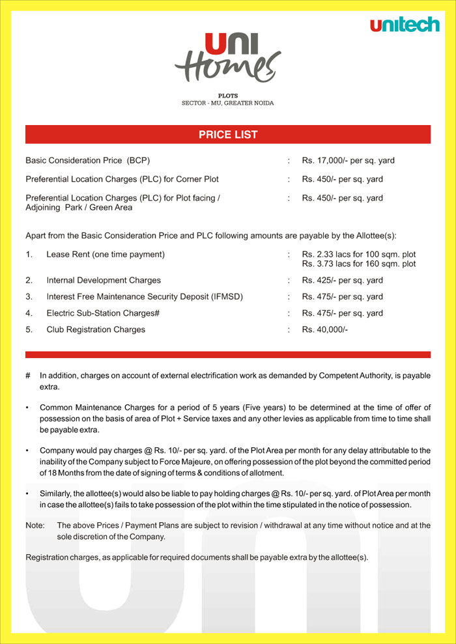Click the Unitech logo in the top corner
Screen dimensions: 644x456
pyautogui.click(x=405, y=25)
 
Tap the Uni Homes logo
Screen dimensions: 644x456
pyautogui.click(x=228, y=59)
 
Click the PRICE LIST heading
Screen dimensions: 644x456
pyautogui.click(x=228, y=135)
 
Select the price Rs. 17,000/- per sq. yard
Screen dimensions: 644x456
pyautogui.click(x=348, y=160)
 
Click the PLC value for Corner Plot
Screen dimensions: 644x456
pyautogui.click(x=342, y=179)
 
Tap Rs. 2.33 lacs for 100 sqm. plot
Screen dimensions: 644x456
pyautogui.click(x=358, y=254)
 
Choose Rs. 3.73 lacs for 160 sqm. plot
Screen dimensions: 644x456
pyautogui.click(x=358, y=264)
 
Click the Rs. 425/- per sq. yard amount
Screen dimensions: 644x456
pyautogui.click(x=342, y=281)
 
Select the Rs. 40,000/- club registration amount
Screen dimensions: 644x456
pyautogui.click(x=324, y=330)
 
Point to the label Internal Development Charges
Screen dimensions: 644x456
pyautogui.click(x=104, y=281)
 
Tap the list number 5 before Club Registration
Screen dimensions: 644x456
pyautogui.click(x=29, y=330)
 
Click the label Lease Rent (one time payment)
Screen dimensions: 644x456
pyautogui.click(x=106, y=254)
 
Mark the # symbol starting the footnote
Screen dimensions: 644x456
pyautogui.click(x=28, y=376)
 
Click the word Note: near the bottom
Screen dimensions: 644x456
pyautogui.click(x=35, y=525)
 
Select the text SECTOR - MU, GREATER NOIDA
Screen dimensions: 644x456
pyautogui.click(x=228, y=103)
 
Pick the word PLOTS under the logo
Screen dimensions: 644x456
pyautogui.click(x=228, y=96)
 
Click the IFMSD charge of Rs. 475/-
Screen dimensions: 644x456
pyautogui.click(x=342, y=297)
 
